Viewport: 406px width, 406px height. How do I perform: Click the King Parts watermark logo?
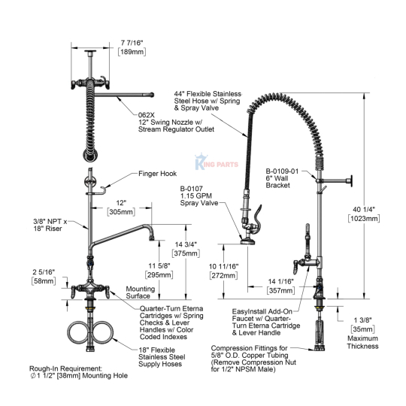(217, 162)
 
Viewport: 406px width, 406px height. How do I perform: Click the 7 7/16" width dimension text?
(132, 42)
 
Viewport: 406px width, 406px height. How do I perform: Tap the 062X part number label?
(146, 115)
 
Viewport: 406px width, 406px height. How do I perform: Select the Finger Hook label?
(157, 174)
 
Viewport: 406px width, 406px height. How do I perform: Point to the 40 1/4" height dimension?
(364, 209)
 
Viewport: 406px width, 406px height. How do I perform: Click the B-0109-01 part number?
(282, 171)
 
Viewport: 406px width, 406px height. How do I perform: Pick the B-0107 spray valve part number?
(192, 189)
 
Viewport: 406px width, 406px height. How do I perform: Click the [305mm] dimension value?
(122, 212)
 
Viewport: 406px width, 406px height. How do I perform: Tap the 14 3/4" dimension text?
(186, 244)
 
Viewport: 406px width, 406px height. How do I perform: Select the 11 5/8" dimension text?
(159, 265)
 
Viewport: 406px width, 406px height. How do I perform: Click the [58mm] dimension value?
(44, 281)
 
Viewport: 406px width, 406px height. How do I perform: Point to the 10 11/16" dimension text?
(224, 266)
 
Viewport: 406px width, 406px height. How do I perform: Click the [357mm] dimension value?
(280, 290)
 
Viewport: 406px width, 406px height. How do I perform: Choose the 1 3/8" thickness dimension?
(362, 320)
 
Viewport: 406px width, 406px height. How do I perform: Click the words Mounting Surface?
(141, 292)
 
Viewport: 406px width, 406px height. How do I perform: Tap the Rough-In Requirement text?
(65, 368)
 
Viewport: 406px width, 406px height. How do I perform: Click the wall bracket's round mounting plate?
(351, 180)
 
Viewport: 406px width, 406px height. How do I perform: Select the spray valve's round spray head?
(247, 242)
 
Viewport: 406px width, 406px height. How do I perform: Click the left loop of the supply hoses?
(78, 333)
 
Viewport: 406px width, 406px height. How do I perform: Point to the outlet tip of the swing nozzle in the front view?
(152, 238)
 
